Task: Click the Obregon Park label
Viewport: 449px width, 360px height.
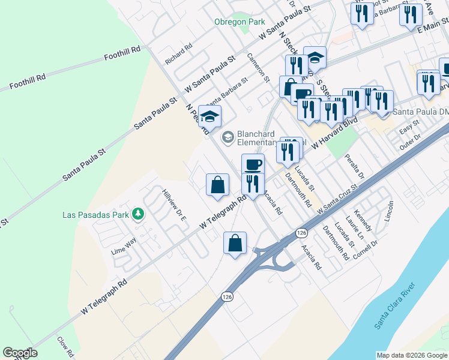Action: coord(240,22)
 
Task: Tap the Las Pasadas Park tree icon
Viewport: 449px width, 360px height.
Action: coord(138,214)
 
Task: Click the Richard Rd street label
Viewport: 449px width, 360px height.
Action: coord(178,53)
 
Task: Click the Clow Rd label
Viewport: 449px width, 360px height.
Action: coord(65,346)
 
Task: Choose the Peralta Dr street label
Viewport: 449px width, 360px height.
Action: coord(355,167)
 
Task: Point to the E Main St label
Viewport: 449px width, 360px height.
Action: coord(429,25)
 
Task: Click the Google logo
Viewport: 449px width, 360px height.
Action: coord(19,353)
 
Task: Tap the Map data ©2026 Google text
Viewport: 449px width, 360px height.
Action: coord(412,355)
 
